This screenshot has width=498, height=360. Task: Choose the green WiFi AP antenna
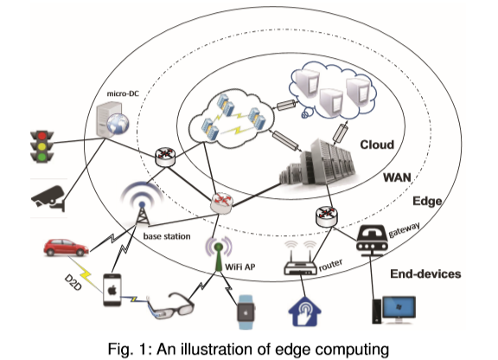click(219, 249)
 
